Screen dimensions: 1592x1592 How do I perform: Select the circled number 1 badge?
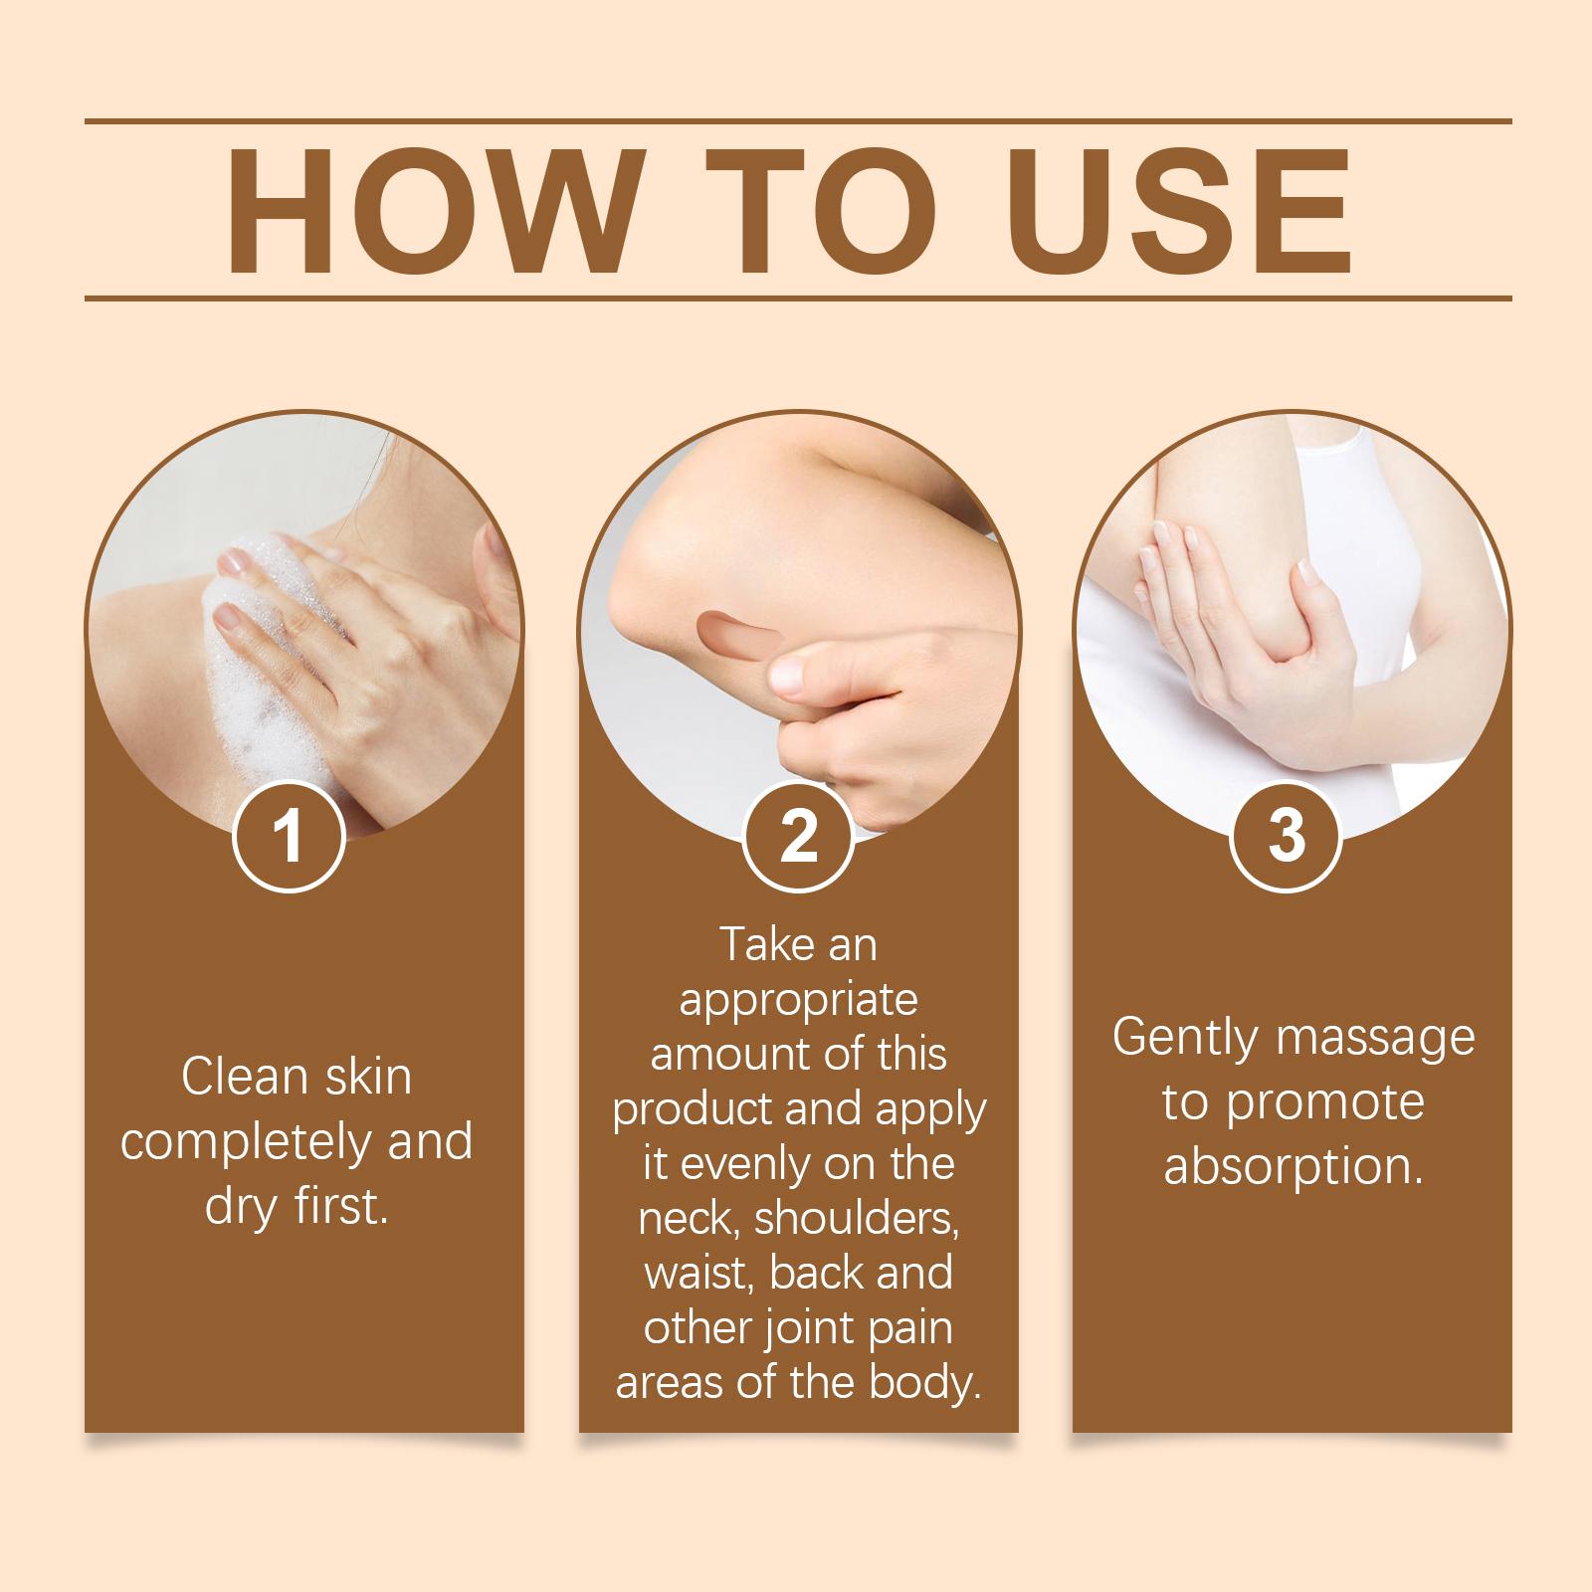coord(289,838)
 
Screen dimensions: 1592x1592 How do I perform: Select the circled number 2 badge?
coord(798,838)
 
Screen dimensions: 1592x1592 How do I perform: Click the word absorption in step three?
coord(1293,1167)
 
